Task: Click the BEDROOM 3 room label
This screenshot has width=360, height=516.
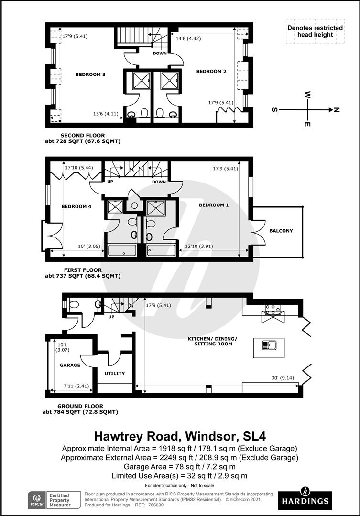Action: click(90, 75)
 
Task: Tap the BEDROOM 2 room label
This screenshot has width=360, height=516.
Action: click(211, 71)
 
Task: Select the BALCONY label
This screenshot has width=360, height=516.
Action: click(281, 231)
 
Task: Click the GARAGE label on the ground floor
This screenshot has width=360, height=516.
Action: click(70, 365)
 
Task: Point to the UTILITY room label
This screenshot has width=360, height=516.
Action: click(115, 373)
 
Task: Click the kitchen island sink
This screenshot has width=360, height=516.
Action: click(270, 345)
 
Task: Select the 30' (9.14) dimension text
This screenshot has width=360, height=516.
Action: click(283, 378)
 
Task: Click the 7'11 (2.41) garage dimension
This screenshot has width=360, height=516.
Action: click(76, 386)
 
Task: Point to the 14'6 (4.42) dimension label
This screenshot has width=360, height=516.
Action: click(188, 39)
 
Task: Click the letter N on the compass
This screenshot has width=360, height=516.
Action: click(336, 110)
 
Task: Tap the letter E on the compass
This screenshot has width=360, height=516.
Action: click(307, 124)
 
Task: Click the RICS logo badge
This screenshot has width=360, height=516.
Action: click(36, 500)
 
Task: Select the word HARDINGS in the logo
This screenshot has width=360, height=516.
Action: click(305, 501)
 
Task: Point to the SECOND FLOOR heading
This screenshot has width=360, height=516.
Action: click(83, 135)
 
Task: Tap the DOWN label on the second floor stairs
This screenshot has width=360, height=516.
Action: click(160, 54)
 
